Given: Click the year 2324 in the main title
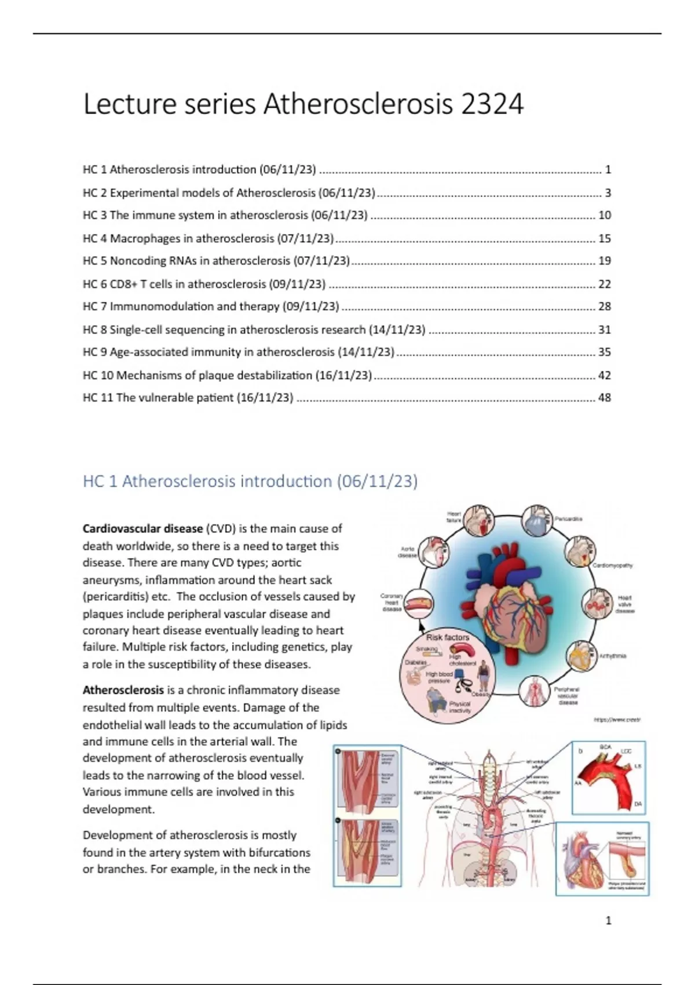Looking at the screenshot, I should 492,105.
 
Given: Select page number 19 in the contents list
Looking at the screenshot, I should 604,261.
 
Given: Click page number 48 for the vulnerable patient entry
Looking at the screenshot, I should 604,398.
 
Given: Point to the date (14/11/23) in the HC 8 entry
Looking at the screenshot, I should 397,330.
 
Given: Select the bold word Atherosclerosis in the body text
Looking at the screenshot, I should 123,690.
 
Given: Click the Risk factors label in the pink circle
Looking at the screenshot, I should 448,637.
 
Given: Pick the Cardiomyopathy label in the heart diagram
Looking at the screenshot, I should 612,565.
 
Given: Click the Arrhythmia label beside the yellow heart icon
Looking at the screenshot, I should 613,656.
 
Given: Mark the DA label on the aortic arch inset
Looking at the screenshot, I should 638,804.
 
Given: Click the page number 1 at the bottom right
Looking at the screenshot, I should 608,920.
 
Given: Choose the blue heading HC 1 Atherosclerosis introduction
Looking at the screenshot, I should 250,481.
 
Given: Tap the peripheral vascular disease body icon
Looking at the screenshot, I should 534,691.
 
